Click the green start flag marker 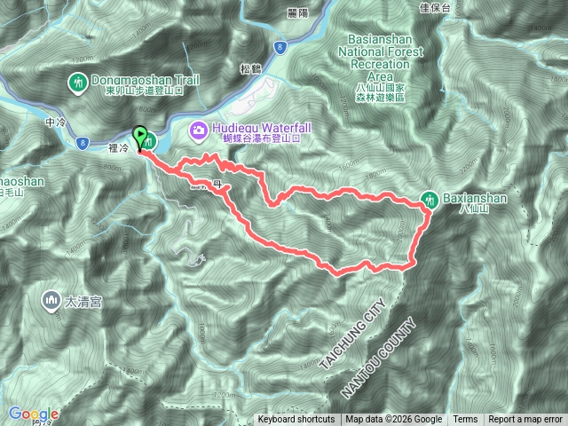click(x=140, y=136)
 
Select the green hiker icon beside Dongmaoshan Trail click(x=76, y=83)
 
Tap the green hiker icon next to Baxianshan click(x=429, y=198)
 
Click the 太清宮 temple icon click(x=49, y=302)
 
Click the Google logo click(x=34, y=414)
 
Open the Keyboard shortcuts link click(x=296, y=420)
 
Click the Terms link click(x=465, y=420)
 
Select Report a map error click(x=526, y=420)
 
